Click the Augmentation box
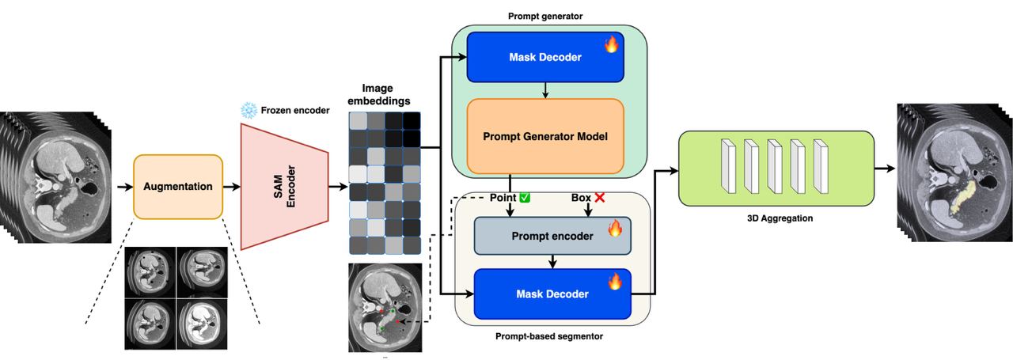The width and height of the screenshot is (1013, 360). (x=178, y=187)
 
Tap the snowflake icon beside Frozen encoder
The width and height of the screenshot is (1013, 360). (x=248, y=110)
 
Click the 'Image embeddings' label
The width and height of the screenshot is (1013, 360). (x=378, y=95)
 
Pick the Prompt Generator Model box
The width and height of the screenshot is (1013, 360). (x=544, y=136)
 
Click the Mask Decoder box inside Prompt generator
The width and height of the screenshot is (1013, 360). (x=544, y=57)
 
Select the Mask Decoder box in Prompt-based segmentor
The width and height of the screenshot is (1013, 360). (x=552, y=294)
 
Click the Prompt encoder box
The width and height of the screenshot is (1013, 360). (x=552, y=236)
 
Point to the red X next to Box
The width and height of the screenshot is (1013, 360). (x=600, y=197)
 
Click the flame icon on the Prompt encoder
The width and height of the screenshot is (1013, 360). (x=616, y=229)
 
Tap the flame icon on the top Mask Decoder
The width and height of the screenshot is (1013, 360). (x=611, y=44)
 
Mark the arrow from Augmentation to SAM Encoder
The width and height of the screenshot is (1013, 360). (x=231, y=188)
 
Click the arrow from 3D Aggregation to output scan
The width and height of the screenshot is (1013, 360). (x=885, y=167)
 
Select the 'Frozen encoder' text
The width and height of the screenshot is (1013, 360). (x=294, y=110)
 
